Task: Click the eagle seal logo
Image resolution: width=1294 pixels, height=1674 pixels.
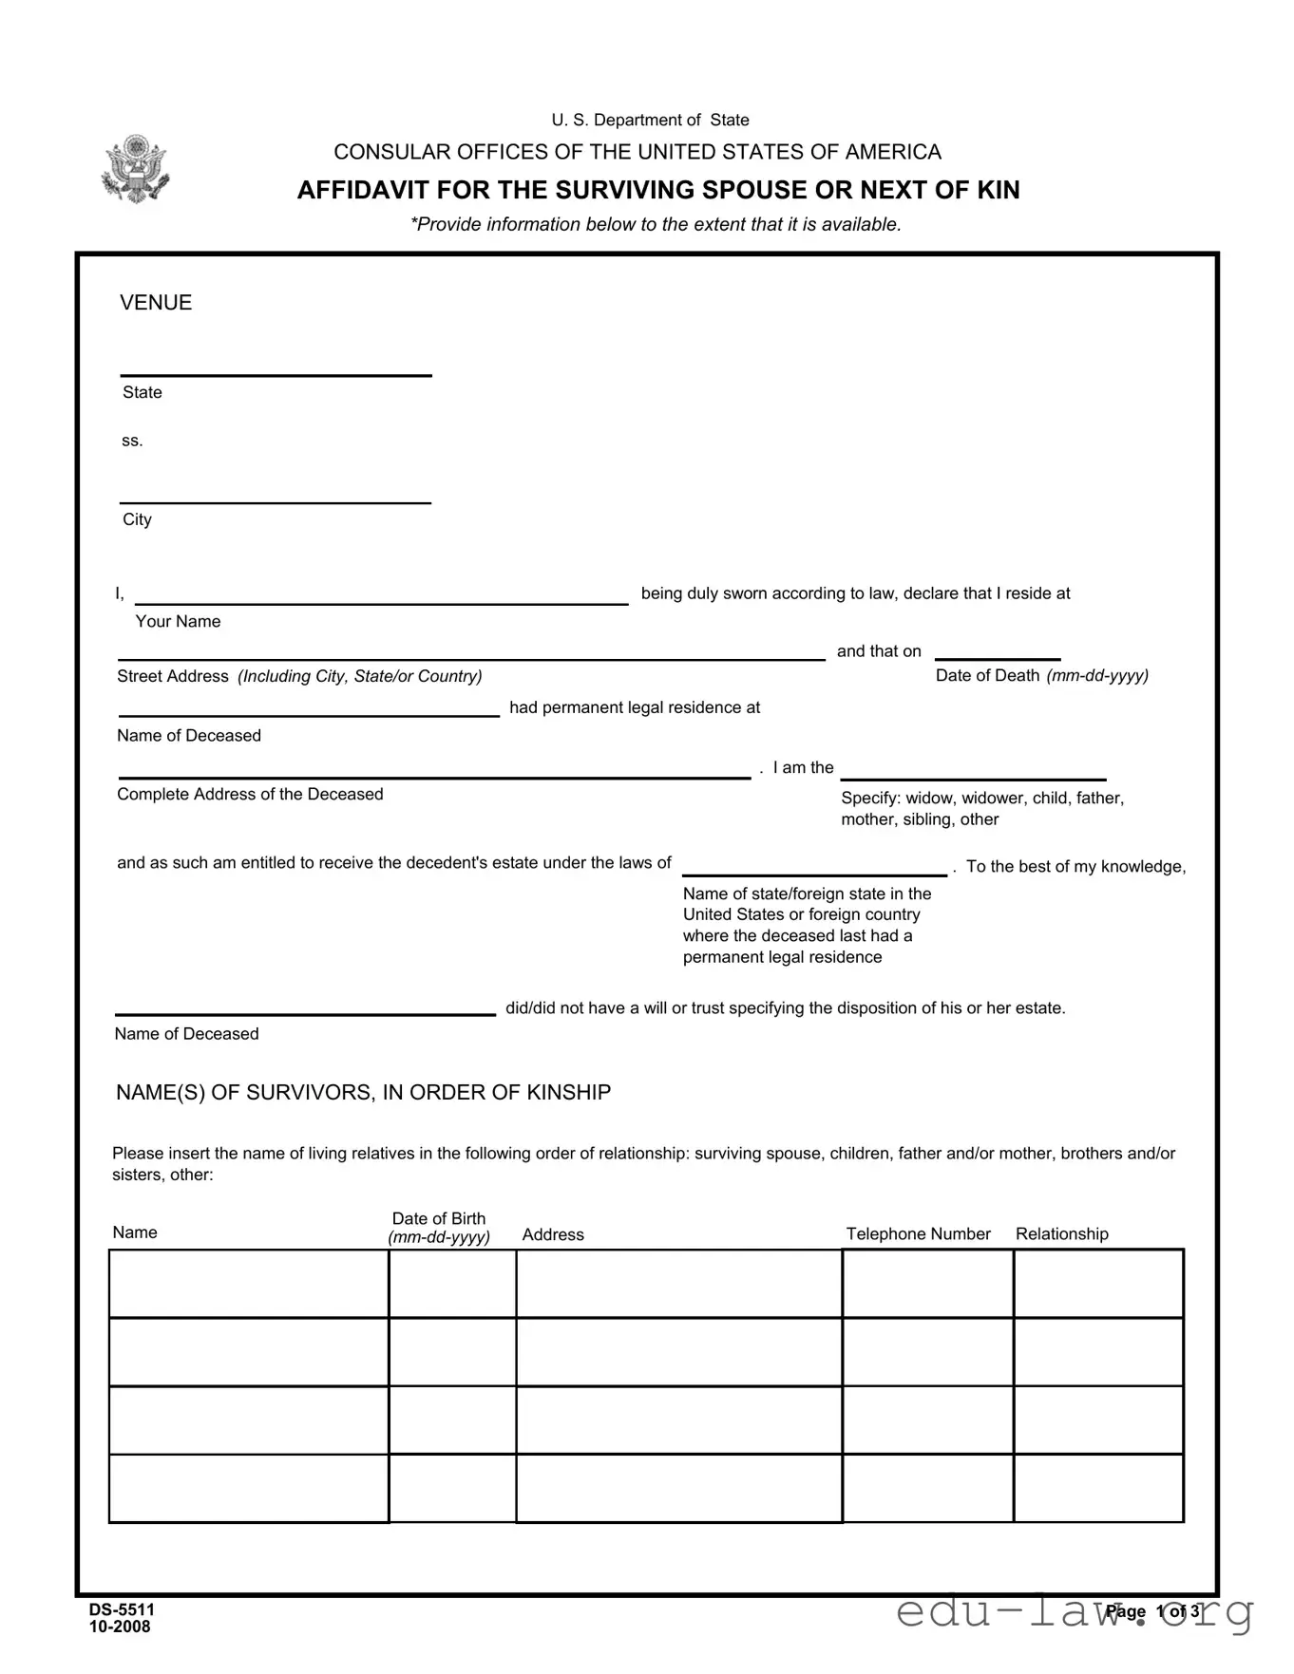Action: [135, 169]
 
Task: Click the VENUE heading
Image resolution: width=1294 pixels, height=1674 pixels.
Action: [156, 303]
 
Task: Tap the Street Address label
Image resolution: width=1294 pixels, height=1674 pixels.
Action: [173, 676]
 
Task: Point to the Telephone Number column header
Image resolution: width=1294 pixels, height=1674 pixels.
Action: [918, 1233]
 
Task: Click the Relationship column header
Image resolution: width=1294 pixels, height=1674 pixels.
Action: [1061, 1233]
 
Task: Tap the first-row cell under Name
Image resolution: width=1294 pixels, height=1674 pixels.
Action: [249, 1284]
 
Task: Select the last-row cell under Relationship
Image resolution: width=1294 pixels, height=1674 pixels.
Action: [1098, 1488]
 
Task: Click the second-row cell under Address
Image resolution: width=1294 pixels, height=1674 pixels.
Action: [678, 1352]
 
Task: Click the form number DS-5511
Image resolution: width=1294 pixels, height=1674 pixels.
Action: [122, 1609]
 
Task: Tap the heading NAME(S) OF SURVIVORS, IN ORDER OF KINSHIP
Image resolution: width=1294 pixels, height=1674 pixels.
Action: [363, 1093]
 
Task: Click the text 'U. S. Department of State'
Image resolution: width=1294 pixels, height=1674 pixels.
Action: [650, 121]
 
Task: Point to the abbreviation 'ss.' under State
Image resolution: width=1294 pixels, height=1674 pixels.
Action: [132, 441]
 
